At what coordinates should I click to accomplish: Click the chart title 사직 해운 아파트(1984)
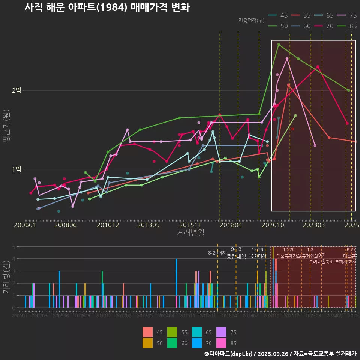point(107,7)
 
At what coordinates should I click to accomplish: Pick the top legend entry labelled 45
point(279,16)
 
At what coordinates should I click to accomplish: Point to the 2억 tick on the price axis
point(16,90)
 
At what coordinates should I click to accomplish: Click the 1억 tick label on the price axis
point(16,169)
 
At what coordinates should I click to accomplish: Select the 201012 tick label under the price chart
point(108,225)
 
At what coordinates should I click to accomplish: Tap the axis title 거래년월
point(190,232)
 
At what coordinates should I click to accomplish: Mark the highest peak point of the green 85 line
point(279,44)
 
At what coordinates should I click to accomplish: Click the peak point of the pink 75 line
point(287,58)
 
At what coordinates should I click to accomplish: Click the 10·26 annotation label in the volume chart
point(289,250)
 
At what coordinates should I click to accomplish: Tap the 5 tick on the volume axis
point(14,247)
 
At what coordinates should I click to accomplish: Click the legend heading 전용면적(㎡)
point(251,20)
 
